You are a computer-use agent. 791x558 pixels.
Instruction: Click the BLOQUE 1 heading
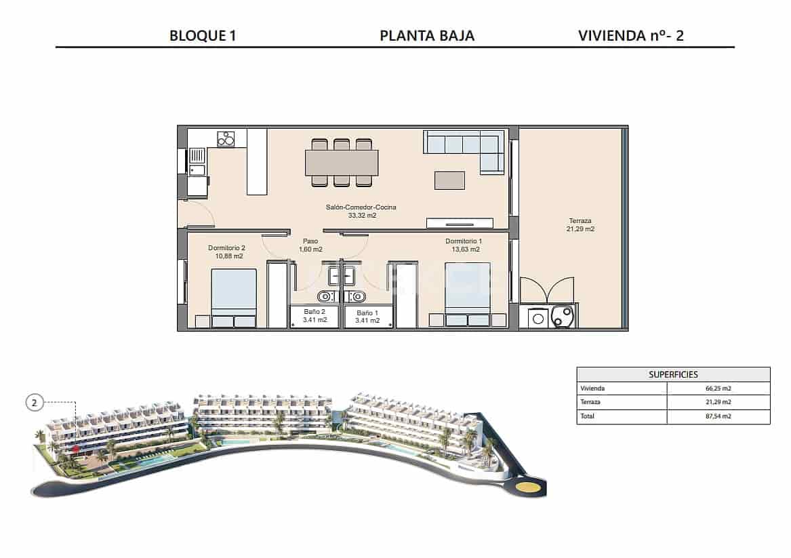[202, 36]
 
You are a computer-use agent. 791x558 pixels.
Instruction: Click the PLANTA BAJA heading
[427, 36]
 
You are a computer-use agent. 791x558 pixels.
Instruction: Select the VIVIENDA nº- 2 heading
[631, 36]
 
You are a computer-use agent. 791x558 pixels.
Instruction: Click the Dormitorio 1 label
[464, 241]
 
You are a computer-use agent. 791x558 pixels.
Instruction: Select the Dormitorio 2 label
[226, 248]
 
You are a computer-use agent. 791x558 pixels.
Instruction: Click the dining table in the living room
[342, 163]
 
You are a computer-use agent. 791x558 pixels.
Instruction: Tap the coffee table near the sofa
[449, 180]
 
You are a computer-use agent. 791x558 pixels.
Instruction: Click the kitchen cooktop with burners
[226, 138]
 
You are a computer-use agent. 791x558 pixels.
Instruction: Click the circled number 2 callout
[35, 403]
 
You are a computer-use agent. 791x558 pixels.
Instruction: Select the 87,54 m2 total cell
[718, 416]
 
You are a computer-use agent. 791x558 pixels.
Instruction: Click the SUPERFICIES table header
[673, 374]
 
